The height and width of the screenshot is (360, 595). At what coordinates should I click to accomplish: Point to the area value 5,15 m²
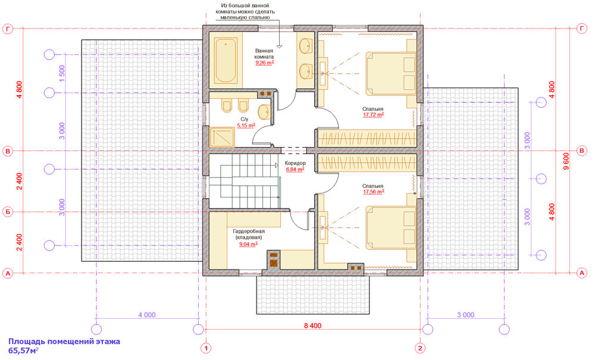(246, 126)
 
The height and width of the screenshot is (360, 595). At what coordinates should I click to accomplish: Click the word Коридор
(295, 163)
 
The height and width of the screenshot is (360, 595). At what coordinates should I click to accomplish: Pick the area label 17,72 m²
(374, 115)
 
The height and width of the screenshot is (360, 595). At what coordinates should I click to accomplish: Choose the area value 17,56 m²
(374, 192)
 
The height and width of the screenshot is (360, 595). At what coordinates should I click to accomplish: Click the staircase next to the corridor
(244, 181)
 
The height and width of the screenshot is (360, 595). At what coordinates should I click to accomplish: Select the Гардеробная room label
(248, 231)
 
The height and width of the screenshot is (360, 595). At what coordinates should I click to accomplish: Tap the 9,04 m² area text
(248, 244)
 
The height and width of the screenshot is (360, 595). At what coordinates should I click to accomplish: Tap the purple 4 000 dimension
(146, 315)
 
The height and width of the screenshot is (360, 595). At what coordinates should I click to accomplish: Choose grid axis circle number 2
(420, 348)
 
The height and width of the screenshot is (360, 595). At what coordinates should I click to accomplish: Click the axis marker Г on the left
(8, 28)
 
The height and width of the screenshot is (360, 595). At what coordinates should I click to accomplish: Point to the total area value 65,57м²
(23, 352)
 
